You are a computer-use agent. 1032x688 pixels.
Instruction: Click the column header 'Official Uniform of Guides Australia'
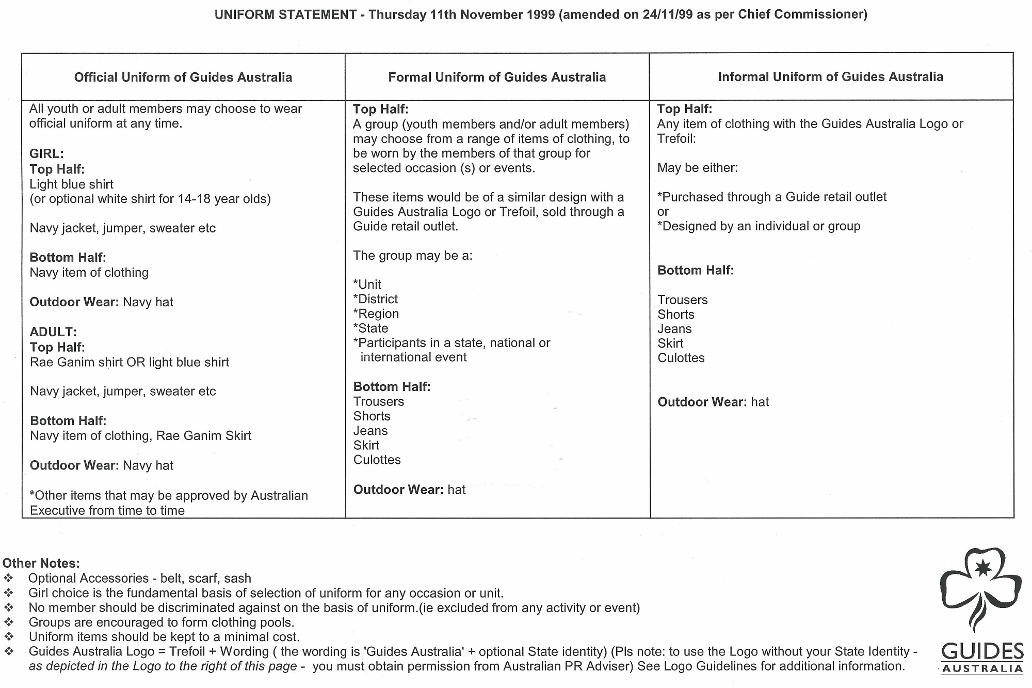click(183, 77)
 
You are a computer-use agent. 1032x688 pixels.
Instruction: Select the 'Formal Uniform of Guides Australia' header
click(497, 77)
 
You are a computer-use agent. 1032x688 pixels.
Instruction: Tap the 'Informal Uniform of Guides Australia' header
click(830, 77)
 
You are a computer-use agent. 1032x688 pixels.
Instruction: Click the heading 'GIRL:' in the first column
click(46, 154)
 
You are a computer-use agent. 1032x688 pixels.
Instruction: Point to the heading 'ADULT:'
click(53, 332)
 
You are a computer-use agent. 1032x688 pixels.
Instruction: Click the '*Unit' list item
click(367, 285)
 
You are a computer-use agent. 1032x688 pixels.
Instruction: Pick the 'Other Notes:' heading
click(41, 564)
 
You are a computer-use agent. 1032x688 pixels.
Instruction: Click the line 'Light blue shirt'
click(72, 184)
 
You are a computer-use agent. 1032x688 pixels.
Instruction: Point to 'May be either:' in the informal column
click(698, 168)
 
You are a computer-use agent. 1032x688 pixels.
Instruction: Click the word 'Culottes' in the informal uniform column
click(681, 358)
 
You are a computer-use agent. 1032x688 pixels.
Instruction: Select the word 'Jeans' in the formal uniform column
click(370, 431)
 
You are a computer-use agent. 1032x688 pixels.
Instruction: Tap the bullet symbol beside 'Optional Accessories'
click(9, 578)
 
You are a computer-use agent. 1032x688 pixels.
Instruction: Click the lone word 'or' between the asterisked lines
click(663, 212)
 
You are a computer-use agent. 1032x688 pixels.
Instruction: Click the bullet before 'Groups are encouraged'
click(9, 622)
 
